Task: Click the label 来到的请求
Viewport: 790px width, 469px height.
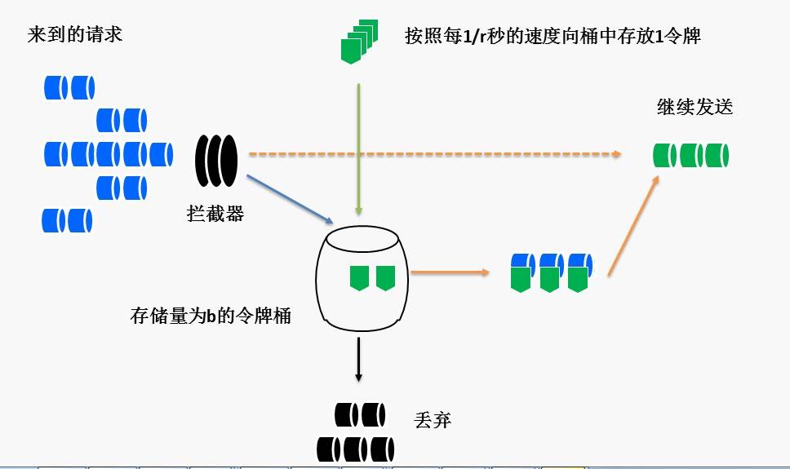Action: (74, 35)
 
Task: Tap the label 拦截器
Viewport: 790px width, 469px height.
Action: (215, 215)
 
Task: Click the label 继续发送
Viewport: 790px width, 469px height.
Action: (695, 107)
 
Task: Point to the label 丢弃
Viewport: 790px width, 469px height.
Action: (433, 421)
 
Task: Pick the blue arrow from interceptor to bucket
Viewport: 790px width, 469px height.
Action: (289, 199)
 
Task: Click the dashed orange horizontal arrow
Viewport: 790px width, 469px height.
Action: (433, 153)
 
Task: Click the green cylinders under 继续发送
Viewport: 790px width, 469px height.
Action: (691, 155)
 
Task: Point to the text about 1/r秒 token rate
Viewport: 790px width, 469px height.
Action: (553, 37)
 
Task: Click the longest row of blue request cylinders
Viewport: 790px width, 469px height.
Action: (109, 153)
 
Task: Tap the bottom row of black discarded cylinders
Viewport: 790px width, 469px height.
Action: (356, 449)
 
